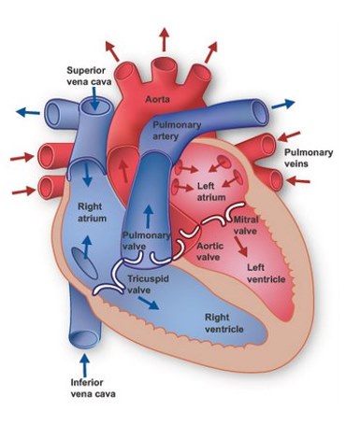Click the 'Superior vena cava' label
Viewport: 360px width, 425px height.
point(89,77)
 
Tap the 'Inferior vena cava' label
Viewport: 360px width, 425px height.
point(93,389)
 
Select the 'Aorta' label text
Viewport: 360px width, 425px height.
point(158,99)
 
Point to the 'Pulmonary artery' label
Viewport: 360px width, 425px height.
point(177,131)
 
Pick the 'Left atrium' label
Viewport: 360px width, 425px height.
point(211,191)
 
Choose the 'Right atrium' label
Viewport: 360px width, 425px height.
point(92,212)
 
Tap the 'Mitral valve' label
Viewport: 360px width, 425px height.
point(246,225)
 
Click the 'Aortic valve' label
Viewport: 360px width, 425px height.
point(209,251)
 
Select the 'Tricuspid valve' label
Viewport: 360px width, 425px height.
point(148,284)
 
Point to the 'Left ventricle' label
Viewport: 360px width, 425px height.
point(266,273)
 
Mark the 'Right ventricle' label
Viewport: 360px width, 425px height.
point(223,323)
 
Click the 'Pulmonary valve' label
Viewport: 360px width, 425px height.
point(146,240)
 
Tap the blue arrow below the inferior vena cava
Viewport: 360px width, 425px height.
point(84,365)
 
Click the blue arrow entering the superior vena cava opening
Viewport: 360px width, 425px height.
point(95,98)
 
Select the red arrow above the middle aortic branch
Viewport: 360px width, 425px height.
point(164,39)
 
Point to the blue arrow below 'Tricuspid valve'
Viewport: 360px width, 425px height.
point(149,303)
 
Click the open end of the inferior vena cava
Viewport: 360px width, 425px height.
point(84,338)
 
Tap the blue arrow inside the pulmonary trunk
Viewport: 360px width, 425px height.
point(149,216)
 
